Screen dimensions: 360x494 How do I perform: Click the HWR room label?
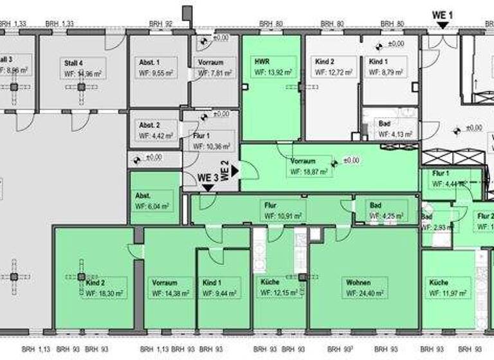click(x=262, y=61)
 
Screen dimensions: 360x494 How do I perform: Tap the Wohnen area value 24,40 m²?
click(x=365, y=294)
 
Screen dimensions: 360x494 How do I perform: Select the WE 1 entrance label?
click(x=443, y=14)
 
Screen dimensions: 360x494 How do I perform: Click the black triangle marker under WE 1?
click(x=443, y=25)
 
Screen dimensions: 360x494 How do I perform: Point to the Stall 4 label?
click(x=73, y=63)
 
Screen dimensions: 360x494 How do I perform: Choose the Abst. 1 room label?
click(x=149, y=62)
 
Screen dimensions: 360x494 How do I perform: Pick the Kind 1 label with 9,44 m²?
click(x=212, y=282)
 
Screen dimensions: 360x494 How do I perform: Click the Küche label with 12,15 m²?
click(x=270, y=282)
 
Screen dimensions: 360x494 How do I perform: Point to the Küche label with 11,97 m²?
click(x=439, y=282)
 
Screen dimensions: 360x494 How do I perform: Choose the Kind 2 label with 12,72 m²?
click(x=325, y=62)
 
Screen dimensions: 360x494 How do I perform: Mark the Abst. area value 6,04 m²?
click(x=152, y=207)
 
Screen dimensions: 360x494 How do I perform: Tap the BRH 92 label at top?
click(x=160, y=24)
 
